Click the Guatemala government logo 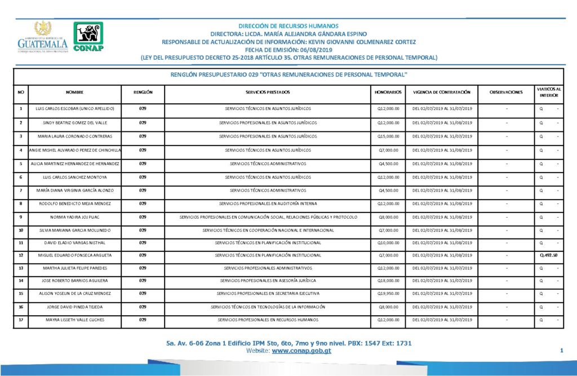click(x=42, y=38)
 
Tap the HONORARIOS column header click(x=388, y=92)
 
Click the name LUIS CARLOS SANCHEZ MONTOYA click(x=74, y=177)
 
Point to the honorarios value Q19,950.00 click(x=388, y=294)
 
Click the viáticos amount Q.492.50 click(x=548, y=255)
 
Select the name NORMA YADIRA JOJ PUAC click(x=74, y=216)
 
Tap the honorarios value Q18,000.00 click(x=388, y=281)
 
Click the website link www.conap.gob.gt click(x=301, y=351)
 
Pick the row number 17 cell click(x=21, y=320)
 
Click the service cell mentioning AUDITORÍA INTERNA click(x=268, y=204)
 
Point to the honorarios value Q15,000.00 click(x=388, y=136)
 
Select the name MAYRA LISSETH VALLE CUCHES click(x=74, y=320)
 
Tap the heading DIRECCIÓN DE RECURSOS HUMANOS click(x=288, y=26)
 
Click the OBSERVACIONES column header click(x=506, y=92)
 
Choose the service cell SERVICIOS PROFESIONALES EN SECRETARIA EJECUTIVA click(x=268, y=294)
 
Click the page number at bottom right click(x=562, y=351)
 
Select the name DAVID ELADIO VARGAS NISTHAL click(x=74, y=242)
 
